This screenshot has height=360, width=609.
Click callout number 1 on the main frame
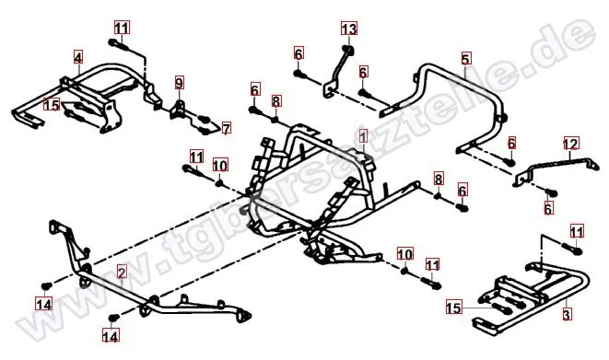click(363, 136)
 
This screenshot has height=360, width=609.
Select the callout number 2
click(122, 273)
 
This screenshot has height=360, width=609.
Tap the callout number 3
click(567, 314)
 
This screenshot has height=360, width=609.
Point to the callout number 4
click(78, 58)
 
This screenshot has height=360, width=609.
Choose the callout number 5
click(466, 59)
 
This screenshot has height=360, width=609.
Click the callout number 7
click(227, 128)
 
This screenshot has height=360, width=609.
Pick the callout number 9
click(179, 83)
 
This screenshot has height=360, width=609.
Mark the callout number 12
click(571, 144)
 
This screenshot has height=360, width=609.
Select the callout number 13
click(349, 29)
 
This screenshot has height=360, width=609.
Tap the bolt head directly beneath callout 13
click(347, 49)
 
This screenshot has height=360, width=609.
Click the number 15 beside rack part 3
click(453, 308)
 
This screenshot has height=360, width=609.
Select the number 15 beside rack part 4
click(52, 104)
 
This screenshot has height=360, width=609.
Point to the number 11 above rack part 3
click(577, 232)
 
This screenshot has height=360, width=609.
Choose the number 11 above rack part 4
click(122, 28)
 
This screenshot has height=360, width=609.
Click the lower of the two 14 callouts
click(111, 336)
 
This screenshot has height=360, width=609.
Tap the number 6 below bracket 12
click(548, 209)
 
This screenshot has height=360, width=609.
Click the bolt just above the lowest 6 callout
click(551, 192)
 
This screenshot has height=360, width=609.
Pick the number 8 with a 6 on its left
click(275, 101)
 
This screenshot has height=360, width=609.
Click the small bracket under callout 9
click(180, 110)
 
